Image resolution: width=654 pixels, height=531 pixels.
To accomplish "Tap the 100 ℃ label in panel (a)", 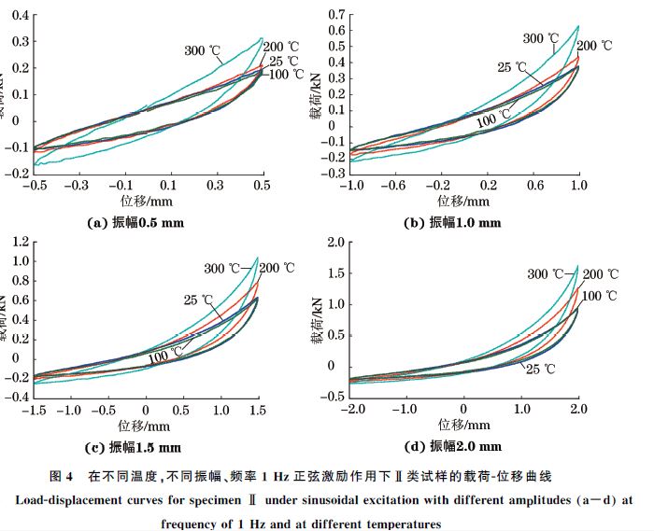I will coord(287,74).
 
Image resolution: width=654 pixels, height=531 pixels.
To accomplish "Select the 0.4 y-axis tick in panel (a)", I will coord(17,16).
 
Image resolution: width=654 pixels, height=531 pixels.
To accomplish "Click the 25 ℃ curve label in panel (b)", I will coord(512,67).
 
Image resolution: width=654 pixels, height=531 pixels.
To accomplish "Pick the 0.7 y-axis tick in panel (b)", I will coord(334,15).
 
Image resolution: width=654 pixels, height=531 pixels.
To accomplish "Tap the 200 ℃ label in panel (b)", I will coord(594,46).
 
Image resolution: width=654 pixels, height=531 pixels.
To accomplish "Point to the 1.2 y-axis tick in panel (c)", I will coord(17,242).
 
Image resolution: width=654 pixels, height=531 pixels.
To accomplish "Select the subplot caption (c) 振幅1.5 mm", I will coord(133,446).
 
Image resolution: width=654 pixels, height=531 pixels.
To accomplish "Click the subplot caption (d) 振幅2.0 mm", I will coord(451,446).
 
